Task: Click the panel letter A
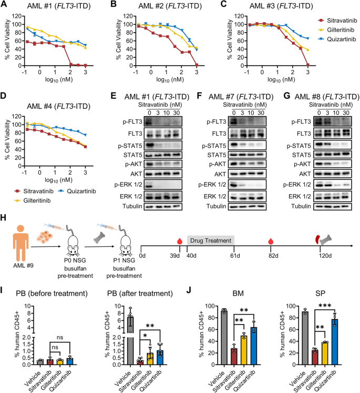click(5, 6)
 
